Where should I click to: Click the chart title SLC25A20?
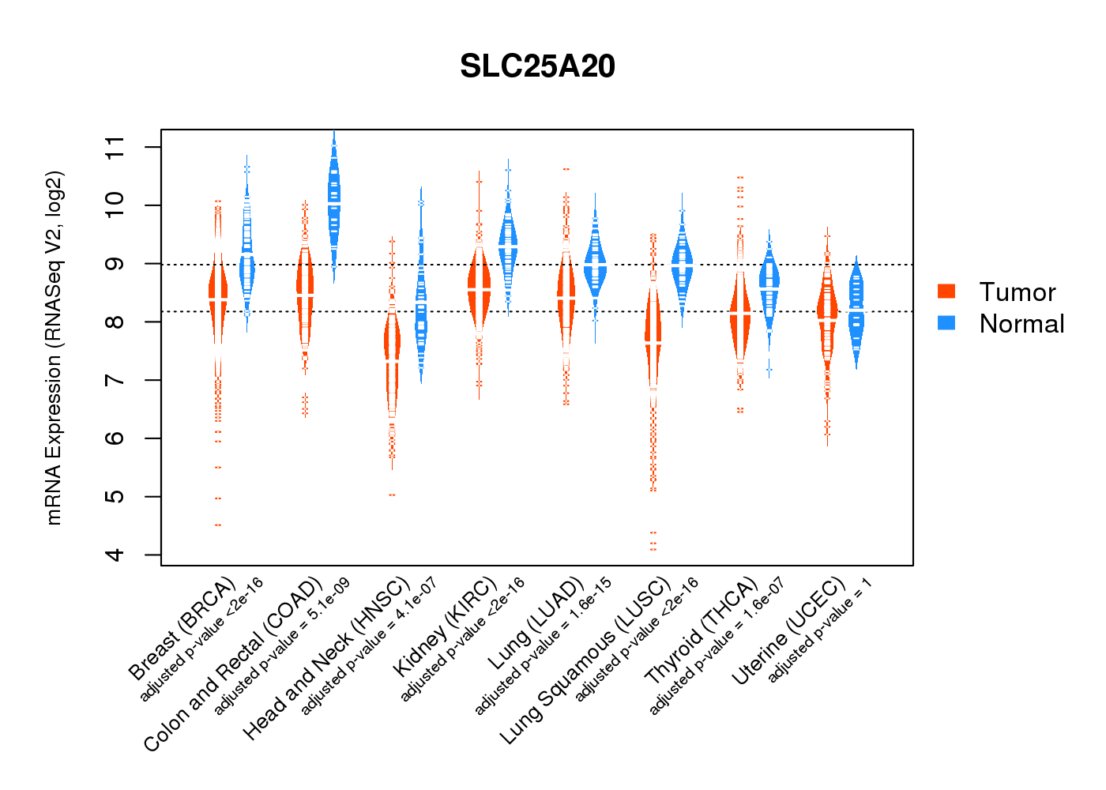click(537, 66)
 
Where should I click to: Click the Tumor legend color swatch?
click(946, 292)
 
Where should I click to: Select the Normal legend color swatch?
click(946, 322)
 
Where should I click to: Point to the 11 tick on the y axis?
click(115, 147)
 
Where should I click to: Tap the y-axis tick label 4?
click(115, 555)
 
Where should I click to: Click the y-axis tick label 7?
click(115, 380)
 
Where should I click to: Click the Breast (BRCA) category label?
click(182, 629)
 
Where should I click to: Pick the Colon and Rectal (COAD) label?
click(233, 664)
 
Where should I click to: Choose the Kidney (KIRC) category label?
click(445, 627)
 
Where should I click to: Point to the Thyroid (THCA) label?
click(701, 631)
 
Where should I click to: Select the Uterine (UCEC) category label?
click(788, 631)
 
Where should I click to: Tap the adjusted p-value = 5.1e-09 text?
click(281, 647)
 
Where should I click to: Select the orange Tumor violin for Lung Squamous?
click(653, 340)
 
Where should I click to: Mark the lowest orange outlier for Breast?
click(218, 525)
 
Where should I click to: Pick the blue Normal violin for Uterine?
click(856, 308)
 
